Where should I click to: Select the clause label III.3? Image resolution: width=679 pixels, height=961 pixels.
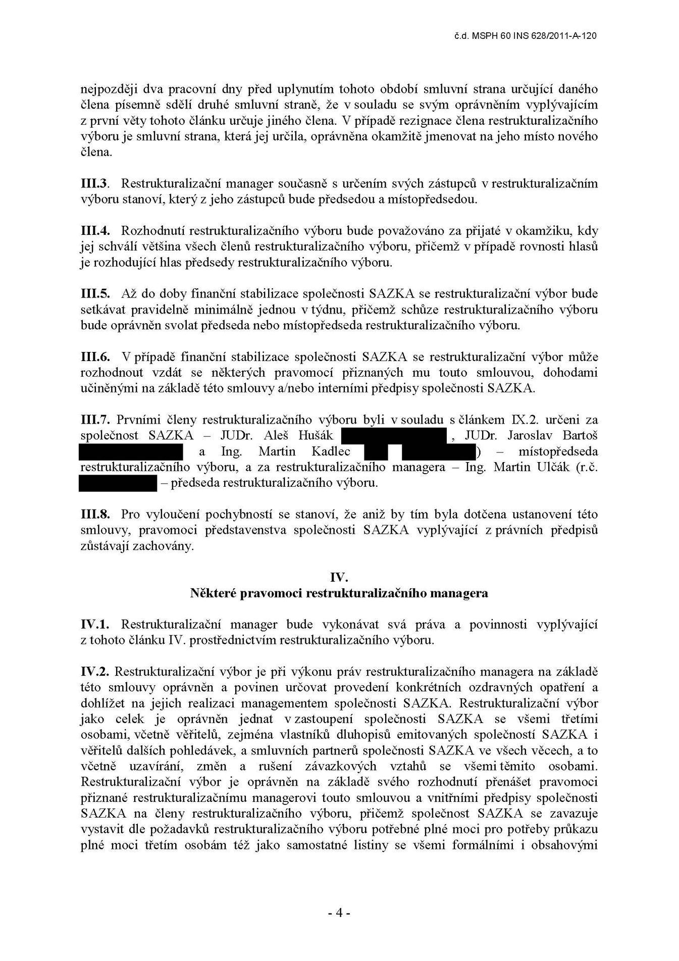coord(95,183)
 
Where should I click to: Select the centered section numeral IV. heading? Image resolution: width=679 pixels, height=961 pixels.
coord(339,577)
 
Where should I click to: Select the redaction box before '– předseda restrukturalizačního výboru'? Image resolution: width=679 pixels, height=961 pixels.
coord(118,483)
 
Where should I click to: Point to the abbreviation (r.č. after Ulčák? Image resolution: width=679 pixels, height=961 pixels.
coord(586,467)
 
